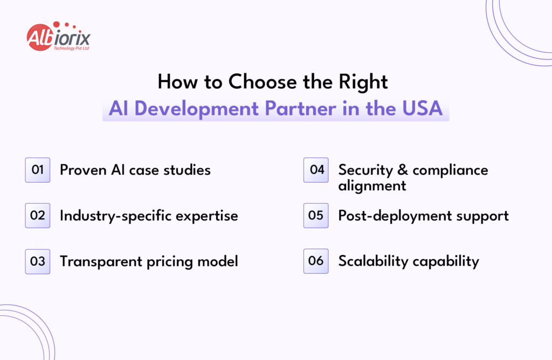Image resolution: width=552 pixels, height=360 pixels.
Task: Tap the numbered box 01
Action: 38,170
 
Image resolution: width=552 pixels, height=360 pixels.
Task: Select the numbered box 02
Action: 38,216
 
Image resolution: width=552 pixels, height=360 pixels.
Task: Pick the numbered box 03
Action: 38,261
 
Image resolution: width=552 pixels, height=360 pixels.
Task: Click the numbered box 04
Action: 316,170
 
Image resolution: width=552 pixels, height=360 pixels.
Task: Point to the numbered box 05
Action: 316,216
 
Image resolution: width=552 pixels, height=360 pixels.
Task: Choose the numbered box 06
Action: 316,261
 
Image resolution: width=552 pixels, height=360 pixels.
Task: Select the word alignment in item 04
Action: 372,186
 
